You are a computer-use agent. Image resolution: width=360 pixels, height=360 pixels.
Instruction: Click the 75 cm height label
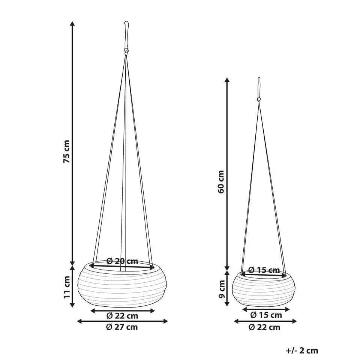[x=66, y=151]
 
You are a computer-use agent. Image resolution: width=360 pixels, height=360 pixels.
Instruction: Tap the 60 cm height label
[x=220, y=182]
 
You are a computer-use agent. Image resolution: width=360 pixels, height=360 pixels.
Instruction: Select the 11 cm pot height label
[x=66, y=287]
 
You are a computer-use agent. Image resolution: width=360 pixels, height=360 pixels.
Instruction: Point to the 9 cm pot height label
[x=222, y=289]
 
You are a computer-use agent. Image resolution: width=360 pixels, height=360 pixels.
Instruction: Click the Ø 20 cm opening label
[x=123, y=261]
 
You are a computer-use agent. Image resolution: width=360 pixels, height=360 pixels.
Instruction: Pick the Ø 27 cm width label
[x=122, y=327]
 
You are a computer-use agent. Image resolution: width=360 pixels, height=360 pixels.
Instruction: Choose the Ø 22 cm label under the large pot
[x=122, y=316]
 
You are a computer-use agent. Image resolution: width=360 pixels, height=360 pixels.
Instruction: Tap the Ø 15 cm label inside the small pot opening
[x=264, y=270]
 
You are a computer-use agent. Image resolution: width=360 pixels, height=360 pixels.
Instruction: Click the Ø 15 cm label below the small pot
[x=266, y=315]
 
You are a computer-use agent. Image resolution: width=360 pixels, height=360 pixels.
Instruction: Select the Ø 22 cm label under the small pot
[x=264, y=327]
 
